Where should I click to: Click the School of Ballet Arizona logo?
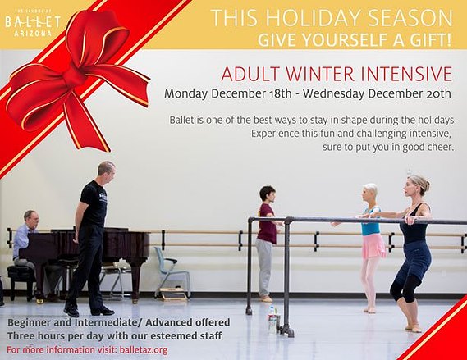[x=33, y=23]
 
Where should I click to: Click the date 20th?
[x=438, y=93]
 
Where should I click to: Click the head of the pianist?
[x=30, y=219]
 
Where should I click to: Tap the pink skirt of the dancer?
[x=373, y=246]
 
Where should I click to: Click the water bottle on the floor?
[x=272, y=319]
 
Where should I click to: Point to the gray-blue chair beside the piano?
[x=172, y=272]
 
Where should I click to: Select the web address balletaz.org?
[x=144, y=350]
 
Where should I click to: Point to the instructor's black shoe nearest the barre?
[x=103, y=312]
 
